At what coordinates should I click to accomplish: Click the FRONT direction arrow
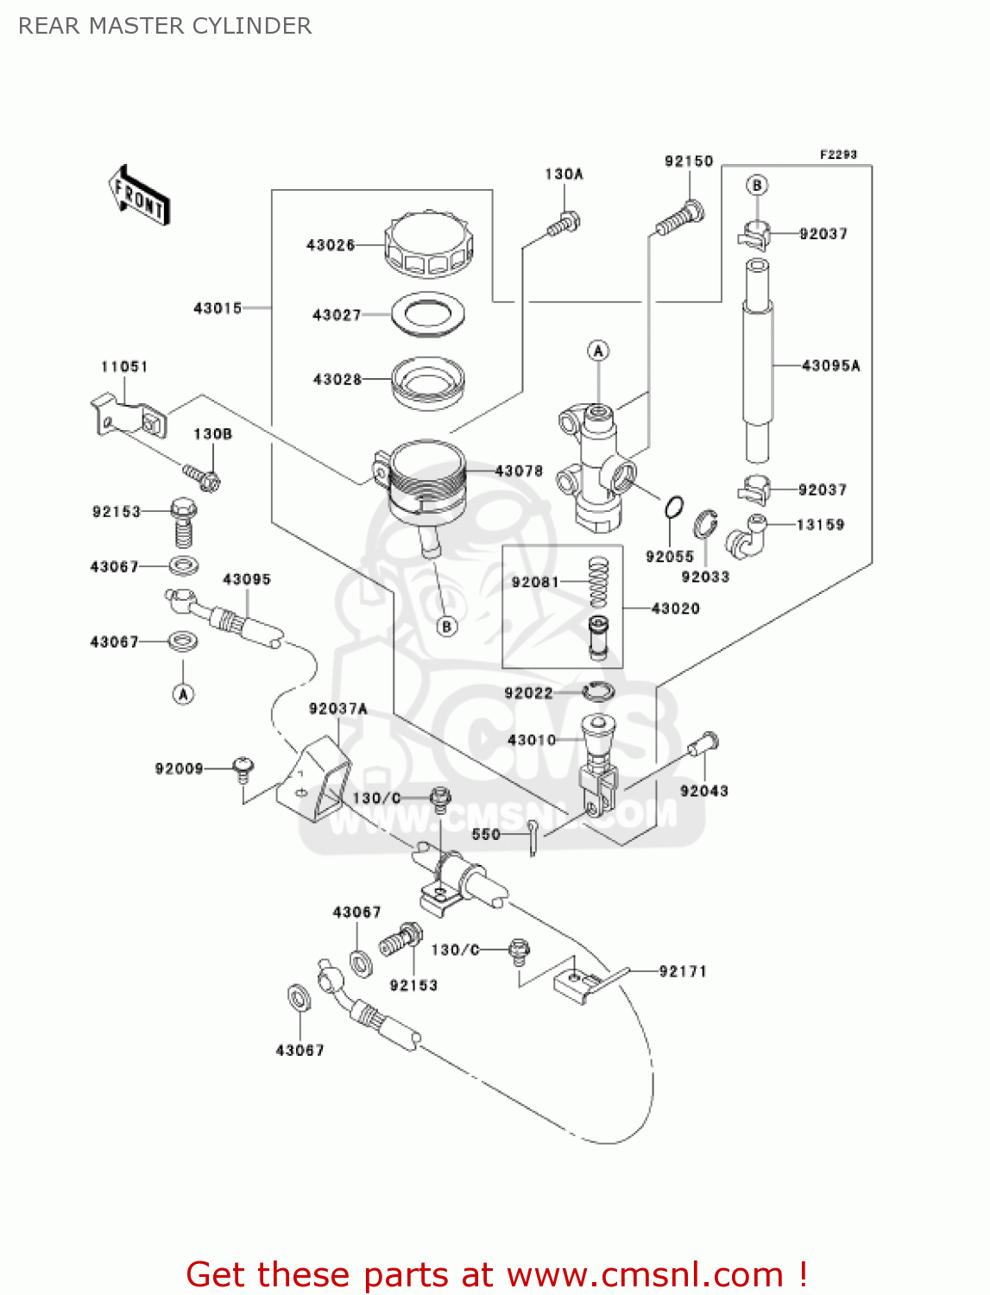pyautogui.click(x=139, y=196)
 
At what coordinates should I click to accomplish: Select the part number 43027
pyautogui.click(x=337, y=315)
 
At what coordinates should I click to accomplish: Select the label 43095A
pyautogui.click(x=830, y=366)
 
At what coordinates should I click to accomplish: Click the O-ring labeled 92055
pyautogui.click(x=674, y=509)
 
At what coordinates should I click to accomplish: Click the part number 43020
pyautogui.click(x=675, y=609)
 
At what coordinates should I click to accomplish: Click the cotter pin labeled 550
pyautogui.click(x=535, y=837)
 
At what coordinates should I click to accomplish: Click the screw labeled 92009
pyautogui.click(x=243, y=768)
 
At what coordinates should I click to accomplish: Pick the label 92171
pyautogui.click(x=682, y=971)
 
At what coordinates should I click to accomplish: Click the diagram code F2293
pyautogui.click(x=837, y=155)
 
